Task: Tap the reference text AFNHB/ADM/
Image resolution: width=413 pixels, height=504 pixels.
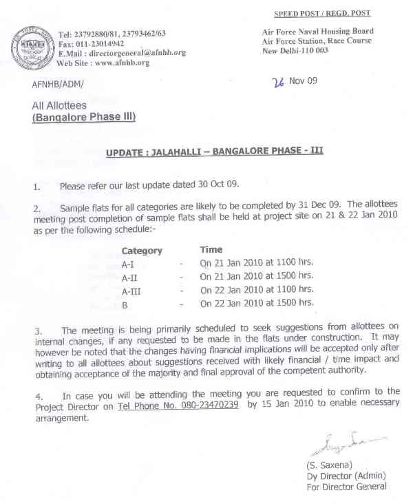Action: coord(57,85)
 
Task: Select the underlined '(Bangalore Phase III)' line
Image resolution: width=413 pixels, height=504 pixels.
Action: coord(83,118)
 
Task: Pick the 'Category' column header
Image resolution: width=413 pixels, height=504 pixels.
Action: coord(142,251)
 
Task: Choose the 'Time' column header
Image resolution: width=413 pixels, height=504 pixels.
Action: coord(211,250)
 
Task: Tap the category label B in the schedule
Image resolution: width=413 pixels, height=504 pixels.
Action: coord(125,303)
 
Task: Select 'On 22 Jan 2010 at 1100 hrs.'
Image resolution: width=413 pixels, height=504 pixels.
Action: coord(257,289)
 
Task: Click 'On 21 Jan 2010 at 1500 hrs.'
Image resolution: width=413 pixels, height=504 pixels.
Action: coord(257,276)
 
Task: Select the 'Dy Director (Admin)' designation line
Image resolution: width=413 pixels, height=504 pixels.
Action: coord(346,476)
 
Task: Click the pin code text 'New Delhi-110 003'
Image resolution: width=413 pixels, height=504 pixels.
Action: coord(295,51)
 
